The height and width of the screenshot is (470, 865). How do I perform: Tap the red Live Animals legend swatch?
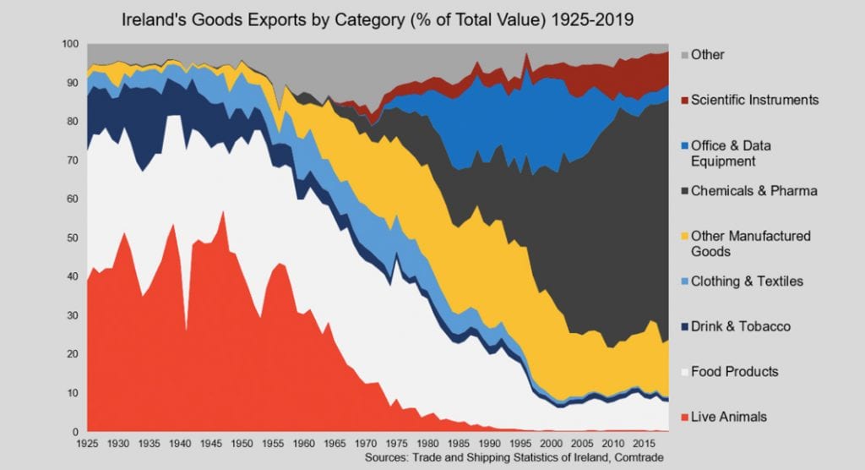(681, 417)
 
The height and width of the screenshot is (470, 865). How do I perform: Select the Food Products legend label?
(734, 372)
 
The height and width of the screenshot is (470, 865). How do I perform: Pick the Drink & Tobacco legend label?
(740, 326)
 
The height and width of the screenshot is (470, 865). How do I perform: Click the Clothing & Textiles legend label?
(747, 281)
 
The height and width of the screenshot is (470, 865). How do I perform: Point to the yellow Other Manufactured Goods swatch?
(681, 236)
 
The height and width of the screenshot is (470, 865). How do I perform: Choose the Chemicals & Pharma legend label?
(753, 191)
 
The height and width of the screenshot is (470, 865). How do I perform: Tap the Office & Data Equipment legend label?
(731, 153)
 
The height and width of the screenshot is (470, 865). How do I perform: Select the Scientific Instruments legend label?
(754, 100)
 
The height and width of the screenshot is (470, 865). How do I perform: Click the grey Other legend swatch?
(681, 55)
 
